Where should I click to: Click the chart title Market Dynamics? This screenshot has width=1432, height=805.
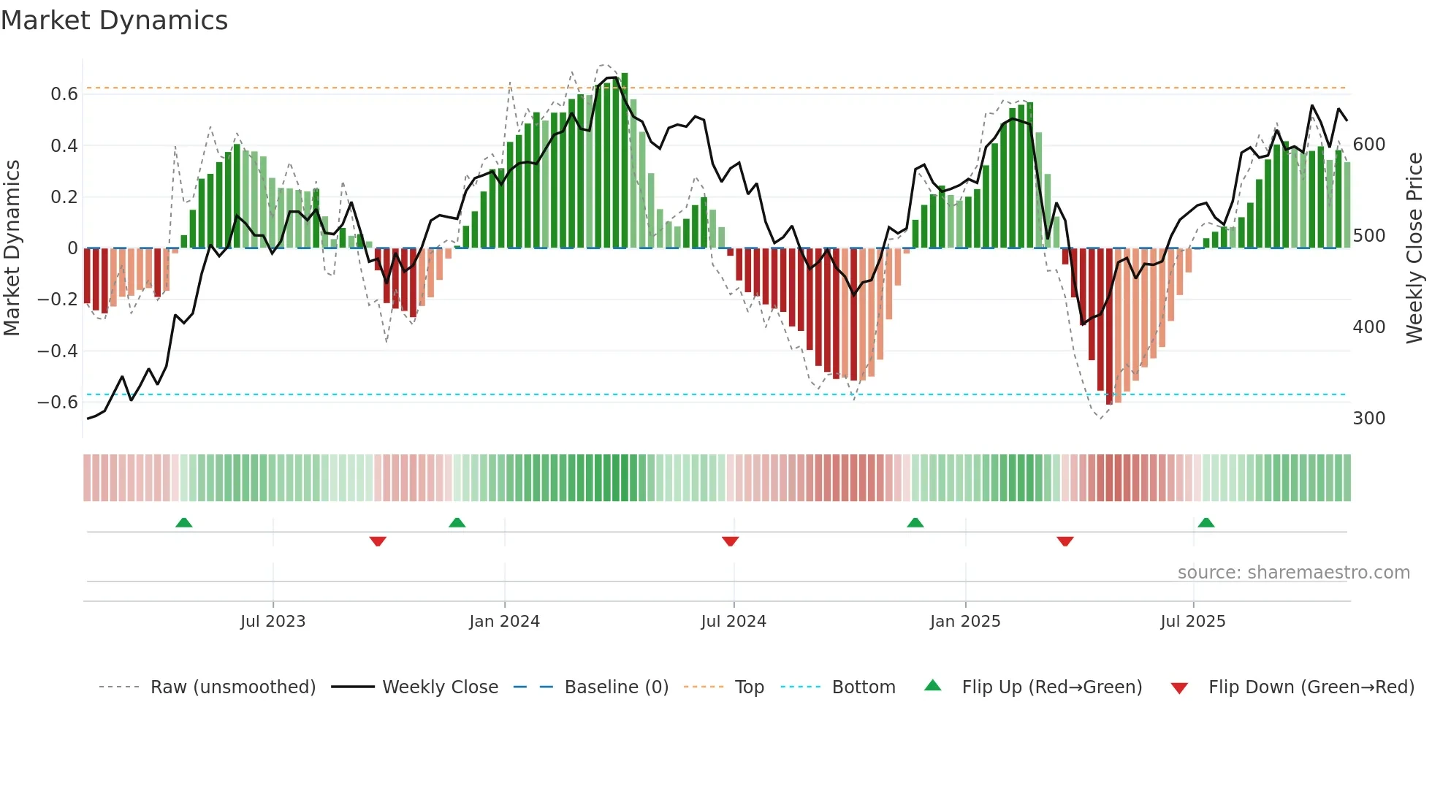tap(114, 20)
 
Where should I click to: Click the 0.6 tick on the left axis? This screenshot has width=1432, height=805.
tap(64, 94)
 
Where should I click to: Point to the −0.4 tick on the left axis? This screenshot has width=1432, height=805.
tap(58, 351)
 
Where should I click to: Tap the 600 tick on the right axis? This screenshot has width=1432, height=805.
tap(1368, 145)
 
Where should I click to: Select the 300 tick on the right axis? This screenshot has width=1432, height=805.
tap(1368, 419)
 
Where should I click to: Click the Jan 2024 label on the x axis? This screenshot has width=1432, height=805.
tap(504, 622)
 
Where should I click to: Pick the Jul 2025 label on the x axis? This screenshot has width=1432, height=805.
tap(1192, 622)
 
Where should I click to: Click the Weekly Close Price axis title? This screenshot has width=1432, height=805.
tap(1414, 248)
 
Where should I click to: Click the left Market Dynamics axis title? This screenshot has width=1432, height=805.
tap(12, 248)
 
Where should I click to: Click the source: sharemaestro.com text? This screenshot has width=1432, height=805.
tap(1293, 573)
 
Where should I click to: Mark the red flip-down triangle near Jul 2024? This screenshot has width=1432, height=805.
tap(730, 541)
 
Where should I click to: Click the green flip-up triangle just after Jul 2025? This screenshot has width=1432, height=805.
tap(1206, 522)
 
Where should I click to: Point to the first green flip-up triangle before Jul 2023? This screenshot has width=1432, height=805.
tap(184, 522)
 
